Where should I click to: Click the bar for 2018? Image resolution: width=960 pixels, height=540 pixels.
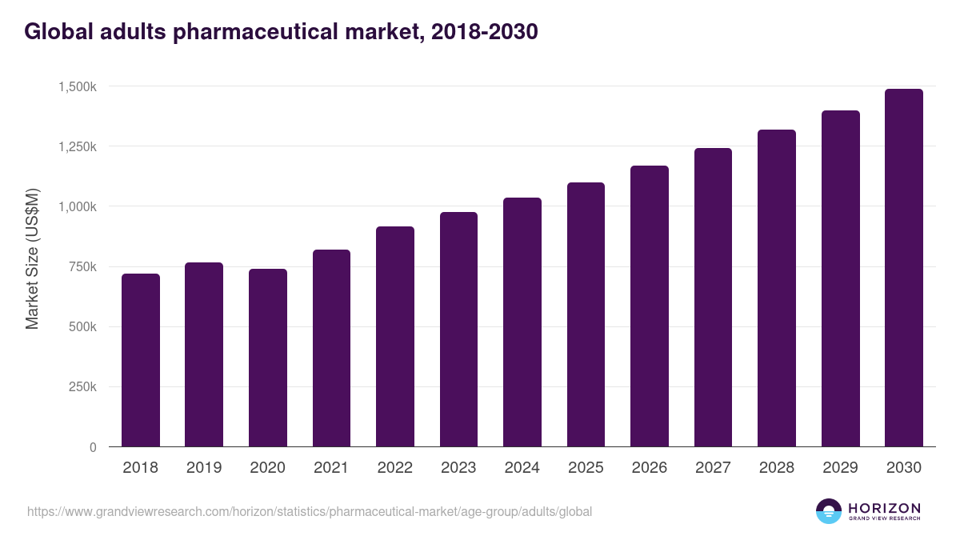pyautogui.click(x=141, y=360)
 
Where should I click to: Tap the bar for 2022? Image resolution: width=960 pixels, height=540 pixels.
pyautogui.click(x=395, y=337)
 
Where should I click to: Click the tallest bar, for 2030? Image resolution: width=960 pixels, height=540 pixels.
pyautogui.click(x=904, y=268)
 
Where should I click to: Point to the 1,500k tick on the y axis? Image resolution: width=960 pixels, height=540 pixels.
pyautogui.click(x=78, y=86)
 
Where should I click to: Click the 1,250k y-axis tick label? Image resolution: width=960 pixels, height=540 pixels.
pyautogui.click(x=78, y=146)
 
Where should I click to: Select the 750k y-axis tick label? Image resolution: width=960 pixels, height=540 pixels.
pyautogui.click(x=82, y=266)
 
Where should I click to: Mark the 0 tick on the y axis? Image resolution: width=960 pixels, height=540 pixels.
pyautogui.click(x=93, y=447)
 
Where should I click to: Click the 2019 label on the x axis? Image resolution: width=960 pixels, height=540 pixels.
pyautogui.click(x=204, y=468)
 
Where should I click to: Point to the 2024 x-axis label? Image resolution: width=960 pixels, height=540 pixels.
pyautogui.click(x=522, y=468)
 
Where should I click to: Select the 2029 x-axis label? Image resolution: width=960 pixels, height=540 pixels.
pyautogui.click(x=840, y=468)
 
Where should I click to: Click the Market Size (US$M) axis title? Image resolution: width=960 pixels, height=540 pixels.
pyautogui.click(x=32, y=259)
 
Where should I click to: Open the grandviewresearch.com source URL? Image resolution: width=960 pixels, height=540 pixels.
pyautogui.click(x=310, y=511)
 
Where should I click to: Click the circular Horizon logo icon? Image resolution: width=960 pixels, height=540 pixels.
pyautogui.click(x=828, y=511)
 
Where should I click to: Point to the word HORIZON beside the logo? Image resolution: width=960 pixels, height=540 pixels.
pyautogui.click(x=884, y=507)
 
